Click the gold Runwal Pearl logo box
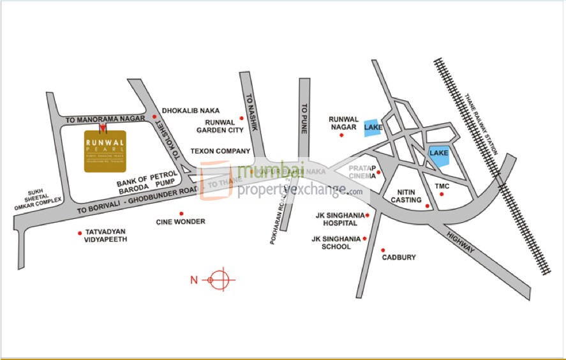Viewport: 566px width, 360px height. pos(105,151)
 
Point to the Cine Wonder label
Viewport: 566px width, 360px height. pos(181,221)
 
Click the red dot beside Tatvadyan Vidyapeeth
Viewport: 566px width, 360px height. pos(79,232)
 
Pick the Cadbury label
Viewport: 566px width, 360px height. pos(399,257)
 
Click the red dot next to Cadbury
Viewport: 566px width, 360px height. pos(383,250)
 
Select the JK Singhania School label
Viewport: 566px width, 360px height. pos(331,243)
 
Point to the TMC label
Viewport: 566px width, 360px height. pos(442,186)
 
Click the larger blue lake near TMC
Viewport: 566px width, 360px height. pos(439,156)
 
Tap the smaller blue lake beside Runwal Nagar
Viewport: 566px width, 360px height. pos(373,128)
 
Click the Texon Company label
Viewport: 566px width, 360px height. pos(221,151)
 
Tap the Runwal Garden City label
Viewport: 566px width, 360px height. pos(220,126)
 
